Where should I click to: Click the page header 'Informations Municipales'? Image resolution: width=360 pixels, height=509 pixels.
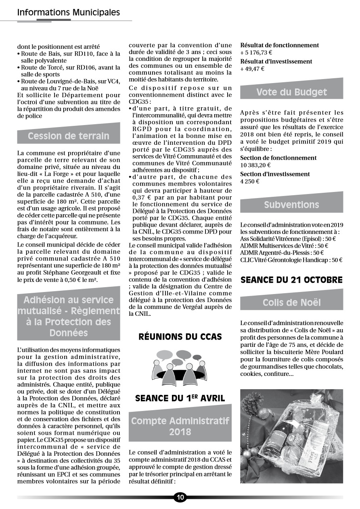click(69, 13)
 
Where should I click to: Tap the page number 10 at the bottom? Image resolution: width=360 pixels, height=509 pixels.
click(180, 497)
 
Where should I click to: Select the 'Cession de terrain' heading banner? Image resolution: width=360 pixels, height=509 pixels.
click(69, 136)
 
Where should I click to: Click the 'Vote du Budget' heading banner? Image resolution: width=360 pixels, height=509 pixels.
click(291, 92)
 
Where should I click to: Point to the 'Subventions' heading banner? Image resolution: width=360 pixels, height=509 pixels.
click(291, 204)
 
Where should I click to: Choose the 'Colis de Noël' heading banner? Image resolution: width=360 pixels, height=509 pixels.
click(291, 302)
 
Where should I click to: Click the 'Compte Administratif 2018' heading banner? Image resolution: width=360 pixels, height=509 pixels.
click(180, 426)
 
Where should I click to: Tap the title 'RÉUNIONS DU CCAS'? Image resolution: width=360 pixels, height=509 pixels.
click(180, 336)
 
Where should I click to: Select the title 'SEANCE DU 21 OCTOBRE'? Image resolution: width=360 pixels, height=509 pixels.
click(291, 280)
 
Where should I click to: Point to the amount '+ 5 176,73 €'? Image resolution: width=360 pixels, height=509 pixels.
click(256, 52)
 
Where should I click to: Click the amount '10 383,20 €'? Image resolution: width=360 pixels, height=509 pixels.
click(255, 165)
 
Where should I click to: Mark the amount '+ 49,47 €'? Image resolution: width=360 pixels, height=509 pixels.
click(252, 69)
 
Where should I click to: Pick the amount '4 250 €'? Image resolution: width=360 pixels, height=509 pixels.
click(250, 181)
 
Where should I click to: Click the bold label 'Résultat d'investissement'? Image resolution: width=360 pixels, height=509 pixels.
click(276, 61)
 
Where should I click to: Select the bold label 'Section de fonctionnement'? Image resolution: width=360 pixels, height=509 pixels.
click(278, 158)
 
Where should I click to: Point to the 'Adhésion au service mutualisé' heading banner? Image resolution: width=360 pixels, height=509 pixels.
click(69, 316)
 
